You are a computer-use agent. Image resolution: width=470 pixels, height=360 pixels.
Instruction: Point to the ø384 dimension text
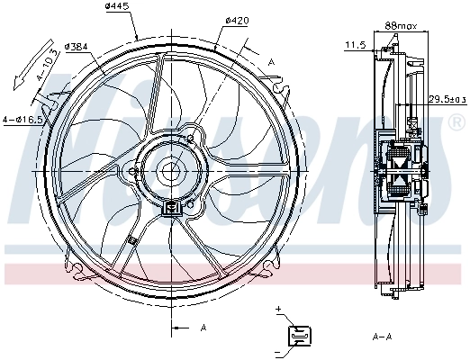77,46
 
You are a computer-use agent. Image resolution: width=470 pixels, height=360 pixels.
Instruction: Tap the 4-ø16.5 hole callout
23,119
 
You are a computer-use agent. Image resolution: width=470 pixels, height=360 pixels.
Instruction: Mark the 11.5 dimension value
355,44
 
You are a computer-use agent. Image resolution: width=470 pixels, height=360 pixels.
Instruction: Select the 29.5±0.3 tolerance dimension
446,99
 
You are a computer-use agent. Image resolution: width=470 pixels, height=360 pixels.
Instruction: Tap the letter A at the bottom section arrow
203,327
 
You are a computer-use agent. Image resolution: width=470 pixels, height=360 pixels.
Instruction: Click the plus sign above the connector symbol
280,310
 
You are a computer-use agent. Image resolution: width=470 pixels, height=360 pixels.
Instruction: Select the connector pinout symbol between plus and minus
298,336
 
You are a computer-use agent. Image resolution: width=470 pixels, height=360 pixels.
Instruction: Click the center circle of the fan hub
171,170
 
